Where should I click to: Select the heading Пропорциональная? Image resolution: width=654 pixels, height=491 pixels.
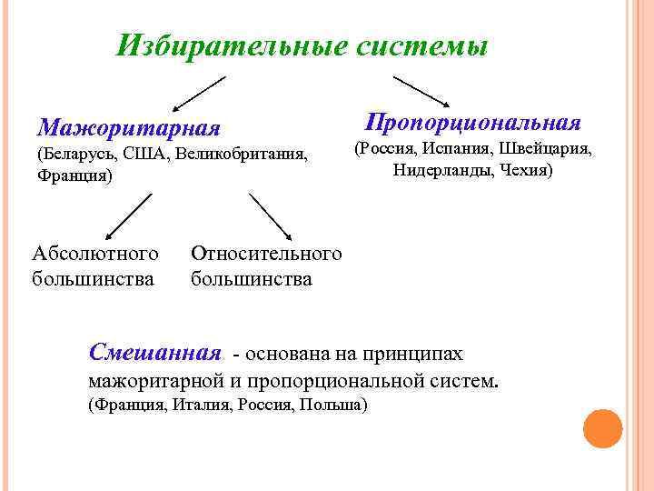(x=472, y=122)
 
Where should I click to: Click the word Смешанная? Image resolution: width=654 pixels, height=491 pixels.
(x=155, y=352)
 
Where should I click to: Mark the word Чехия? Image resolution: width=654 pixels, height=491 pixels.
(x=528, y=170)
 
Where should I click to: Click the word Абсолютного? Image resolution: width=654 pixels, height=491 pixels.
(x=95, y=253)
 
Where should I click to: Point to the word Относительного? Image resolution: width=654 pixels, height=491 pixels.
(x=266, y=253)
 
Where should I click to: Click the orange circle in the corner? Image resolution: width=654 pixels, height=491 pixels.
(x=602, y=428)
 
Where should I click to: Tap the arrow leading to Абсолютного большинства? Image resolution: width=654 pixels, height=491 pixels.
(x=126, y=218)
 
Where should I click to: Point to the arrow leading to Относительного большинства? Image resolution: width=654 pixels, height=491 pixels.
(x=269, y=218)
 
